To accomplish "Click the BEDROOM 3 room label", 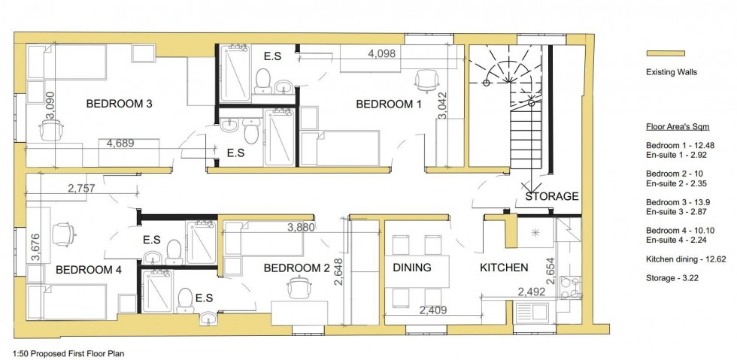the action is (x=120, y=104).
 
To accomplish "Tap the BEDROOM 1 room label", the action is (x=389, y=104).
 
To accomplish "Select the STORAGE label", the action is (x=552, y=196).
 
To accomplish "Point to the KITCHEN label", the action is (x=504, y=268).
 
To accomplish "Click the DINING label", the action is (x=412, y=268).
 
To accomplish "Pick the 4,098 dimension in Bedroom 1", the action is (x=382, y=53).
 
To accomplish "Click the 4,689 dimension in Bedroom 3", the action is (x=120, y=144).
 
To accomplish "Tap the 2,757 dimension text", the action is (x=81, y=189).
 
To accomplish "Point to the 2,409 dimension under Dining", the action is (x=433, y=310).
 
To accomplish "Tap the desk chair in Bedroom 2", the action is (x=300, y=287).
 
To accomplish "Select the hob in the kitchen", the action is (x=571, y=287).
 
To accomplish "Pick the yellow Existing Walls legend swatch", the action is (x=666, y=53).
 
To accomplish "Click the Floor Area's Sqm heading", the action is (x=678, y=127).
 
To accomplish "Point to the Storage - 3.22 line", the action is (x=672, y=278).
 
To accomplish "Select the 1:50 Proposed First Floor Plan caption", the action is (x=68, y=353).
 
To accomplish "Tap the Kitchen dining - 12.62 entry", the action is (x=686, y=259).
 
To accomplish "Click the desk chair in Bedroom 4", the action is (x=63, y=234).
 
